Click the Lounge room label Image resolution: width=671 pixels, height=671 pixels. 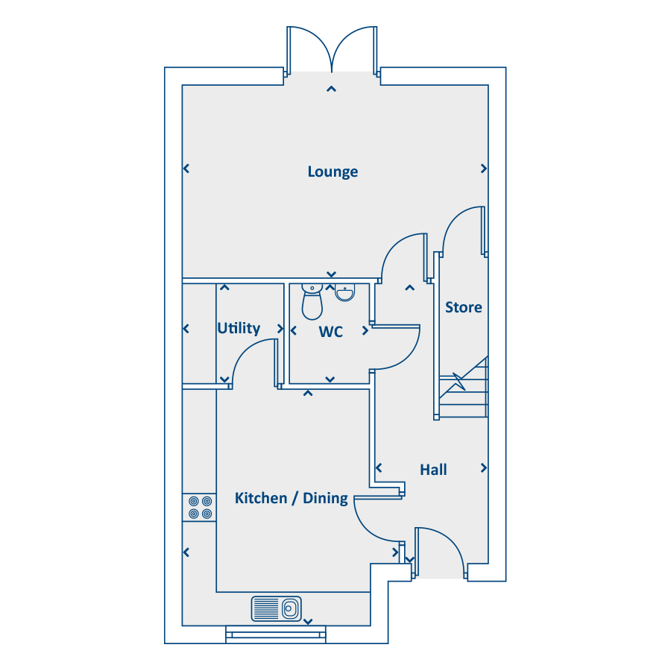[x=333, y=171]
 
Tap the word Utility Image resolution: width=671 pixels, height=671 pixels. [x=239, y=328]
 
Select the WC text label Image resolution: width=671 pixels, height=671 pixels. [x=331, y=332]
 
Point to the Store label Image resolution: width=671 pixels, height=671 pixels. [x=464, y=307]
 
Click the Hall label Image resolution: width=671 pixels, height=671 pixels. [x=433, y=470]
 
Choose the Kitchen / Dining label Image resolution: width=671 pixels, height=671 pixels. [x=292, y=498]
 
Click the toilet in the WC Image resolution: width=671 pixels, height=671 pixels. [x=312, y=301]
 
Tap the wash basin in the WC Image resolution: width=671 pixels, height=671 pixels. [x=344, y=292]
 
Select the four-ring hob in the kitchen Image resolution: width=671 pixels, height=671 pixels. [x=200, y=507]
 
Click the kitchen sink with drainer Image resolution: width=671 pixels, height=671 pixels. [x=277, y=608]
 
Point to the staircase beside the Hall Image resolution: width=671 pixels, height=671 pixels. [x=464, y=387]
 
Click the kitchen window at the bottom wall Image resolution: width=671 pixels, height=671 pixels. [x=276, y=634]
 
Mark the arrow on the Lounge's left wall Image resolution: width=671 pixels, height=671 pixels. [x=186, y=168]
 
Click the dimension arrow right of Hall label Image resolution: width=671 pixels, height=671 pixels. [x=484, y=467]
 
